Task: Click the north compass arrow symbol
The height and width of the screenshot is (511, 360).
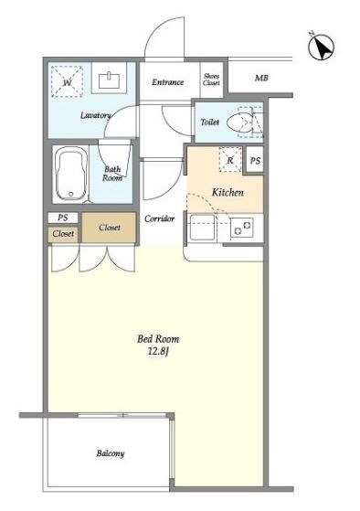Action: pyautogui.click(x=322, y=48)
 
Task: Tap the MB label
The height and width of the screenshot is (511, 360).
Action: pyautogui.click(x=261, y=79)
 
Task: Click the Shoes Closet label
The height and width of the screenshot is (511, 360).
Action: pyautogui.click(x=211, y=80)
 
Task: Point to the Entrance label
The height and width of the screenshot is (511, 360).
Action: pyautogui.click(x=167, y=82)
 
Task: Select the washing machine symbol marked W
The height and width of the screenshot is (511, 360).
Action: pyautogui.click(x=67, y=81)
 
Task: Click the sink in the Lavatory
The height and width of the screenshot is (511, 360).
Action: pyautogui.click(x=109, y=80)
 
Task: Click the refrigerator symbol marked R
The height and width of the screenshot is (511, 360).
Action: pyautogui.click(x=230, y=159)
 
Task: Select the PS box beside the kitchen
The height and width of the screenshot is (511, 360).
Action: pyautogui.click(x=255, y=160)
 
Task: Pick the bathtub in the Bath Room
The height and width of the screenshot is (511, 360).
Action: pyautogui.click(x=71, y=174)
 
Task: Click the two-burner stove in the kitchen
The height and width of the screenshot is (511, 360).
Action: pyautogui.click(x=242, y=228)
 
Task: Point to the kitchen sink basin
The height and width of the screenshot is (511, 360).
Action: pyautogui.click(x=202, y=227)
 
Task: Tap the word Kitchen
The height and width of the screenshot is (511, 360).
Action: pyautogui.click(x=228, y=192)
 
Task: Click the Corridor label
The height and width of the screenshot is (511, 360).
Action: pyautogui.click(x=159, y=218)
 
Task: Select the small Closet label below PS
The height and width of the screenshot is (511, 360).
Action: pyautogui.click(x=63, y=234)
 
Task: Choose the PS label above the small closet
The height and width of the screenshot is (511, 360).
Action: pyautogui.click(x=63, y=218)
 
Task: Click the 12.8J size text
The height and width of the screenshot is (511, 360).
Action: pyautogui.click(x=158, y=352)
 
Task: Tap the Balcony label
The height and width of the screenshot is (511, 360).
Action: pyautogui.click(x=111, y=453)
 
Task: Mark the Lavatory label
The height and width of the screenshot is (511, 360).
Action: pyautogui.click(x=95, y=115)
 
